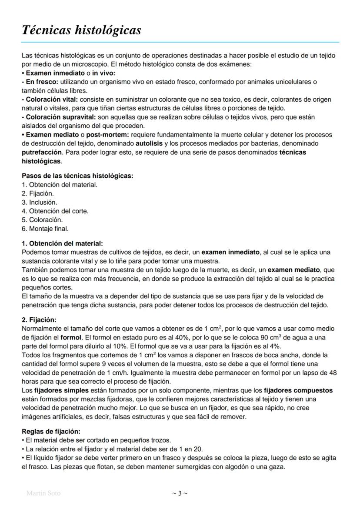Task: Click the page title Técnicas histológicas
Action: [81, 30]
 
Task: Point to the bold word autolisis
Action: [149, 143]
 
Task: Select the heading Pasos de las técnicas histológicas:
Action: [77, 176]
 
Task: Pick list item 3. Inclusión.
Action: [40, 202]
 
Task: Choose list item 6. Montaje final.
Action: [45, 228]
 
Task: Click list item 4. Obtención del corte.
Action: [55, 211]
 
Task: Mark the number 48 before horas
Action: [333, 373]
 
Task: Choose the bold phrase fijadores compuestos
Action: [298, 390]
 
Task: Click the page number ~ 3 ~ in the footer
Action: [180, 493]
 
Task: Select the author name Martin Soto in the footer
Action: [43, 493]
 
